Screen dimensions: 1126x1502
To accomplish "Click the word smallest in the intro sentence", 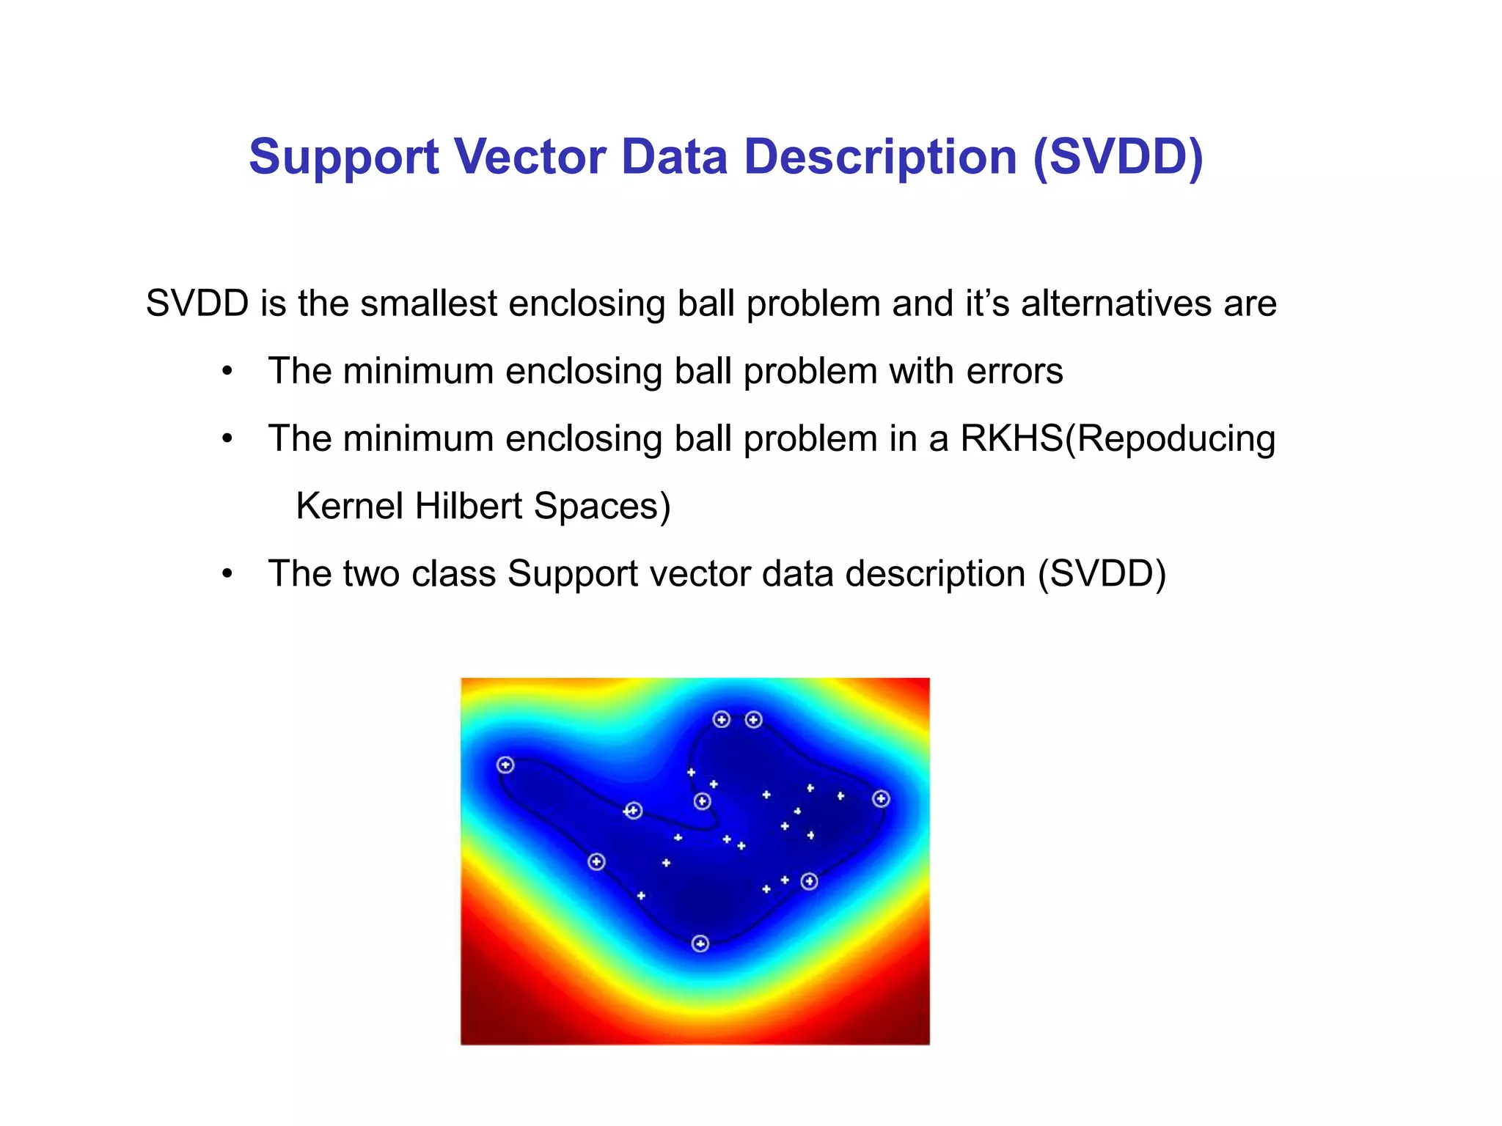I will click(428, 303).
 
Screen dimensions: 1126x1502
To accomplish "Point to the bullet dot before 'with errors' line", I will click(228, 372).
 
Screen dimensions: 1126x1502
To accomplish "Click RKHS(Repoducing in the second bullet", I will click(1118, 438).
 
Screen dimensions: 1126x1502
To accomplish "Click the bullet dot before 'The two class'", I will click(228, 574).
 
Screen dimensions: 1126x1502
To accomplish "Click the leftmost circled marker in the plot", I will click(505, 765).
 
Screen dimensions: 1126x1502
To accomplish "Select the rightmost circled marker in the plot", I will click(882, 799).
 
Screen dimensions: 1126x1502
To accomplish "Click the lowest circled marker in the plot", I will click(700, 943).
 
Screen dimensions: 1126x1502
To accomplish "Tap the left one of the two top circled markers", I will click(722, 719).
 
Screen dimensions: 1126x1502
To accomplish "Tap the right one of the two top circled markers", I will click(754, 719).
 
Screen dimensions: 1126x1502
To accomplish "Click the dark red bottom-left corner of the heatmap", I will click(477, 1030).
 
